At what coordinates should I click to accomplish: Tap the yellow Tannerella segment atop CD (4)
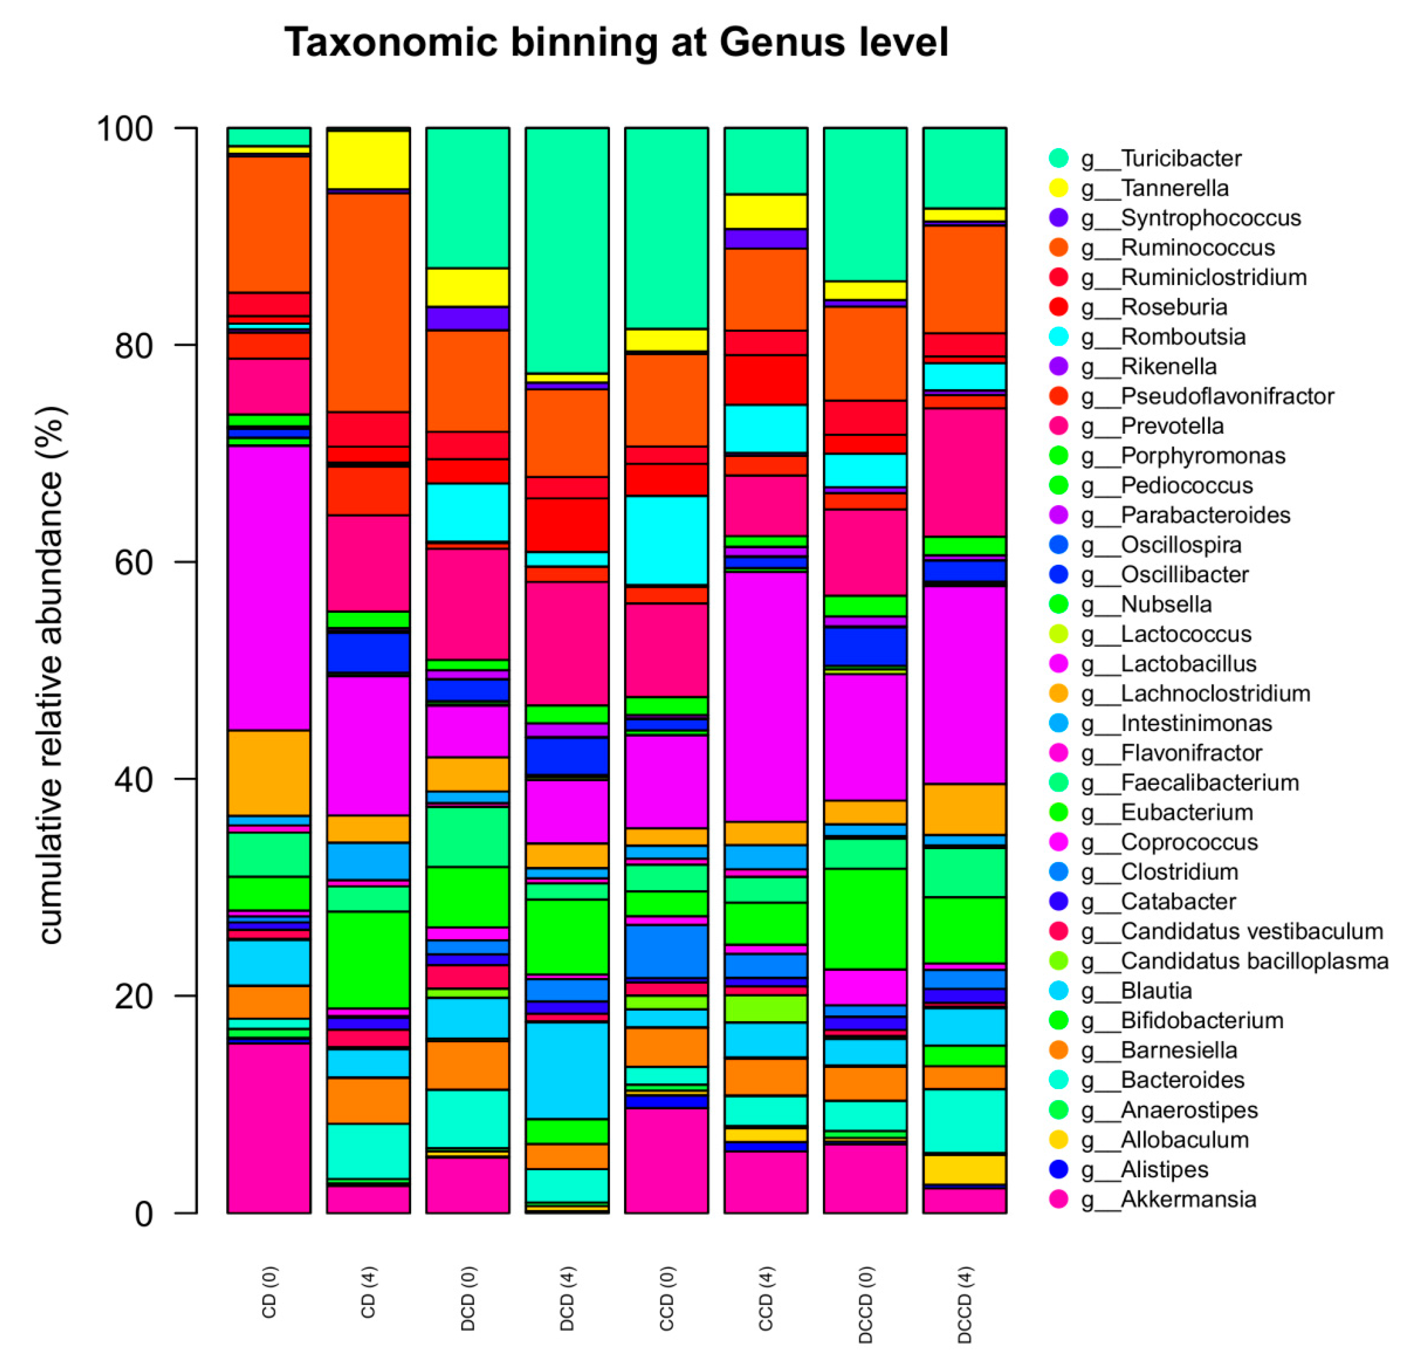point(369,160)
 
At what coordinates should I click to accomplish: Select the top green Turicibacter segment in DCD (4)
point(567,250)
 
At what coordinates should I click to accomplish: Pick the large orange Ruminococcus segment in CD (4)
point(369,303)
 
